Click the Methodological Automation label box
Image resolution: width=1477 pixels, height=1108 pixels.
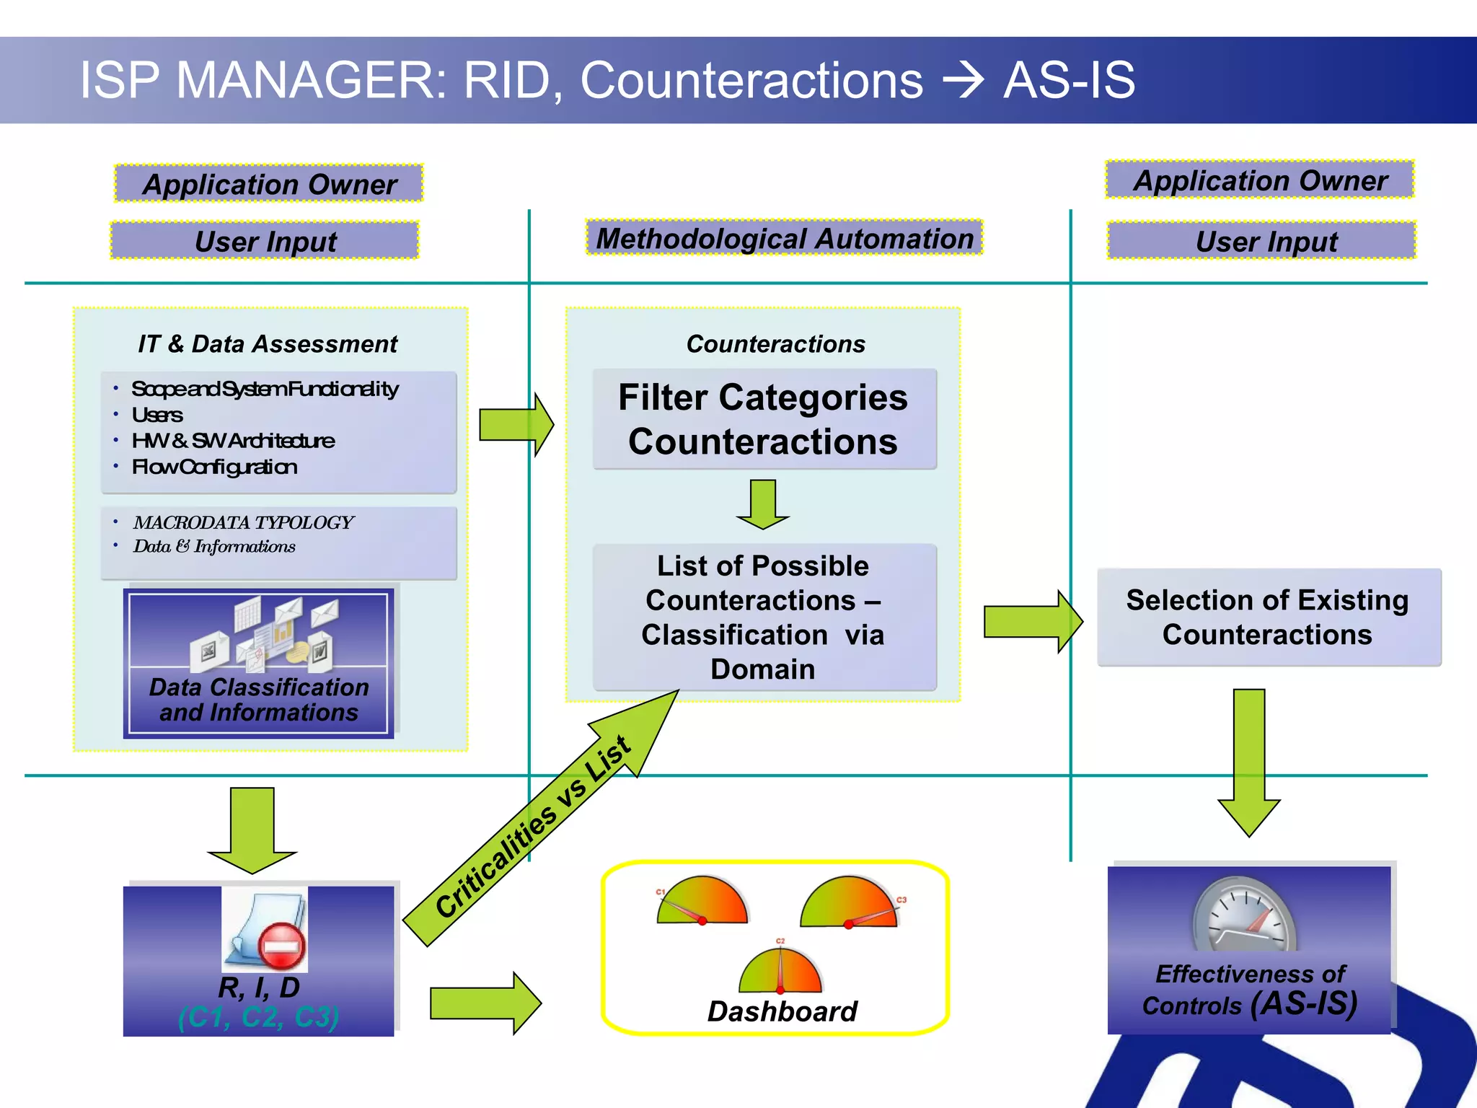coord(784,238)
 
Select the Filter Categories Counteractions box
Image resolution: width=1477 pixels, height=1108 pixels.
coord(764,419)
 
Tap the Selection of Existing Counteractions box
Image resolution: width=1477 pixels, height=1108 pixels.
coord(1268,617)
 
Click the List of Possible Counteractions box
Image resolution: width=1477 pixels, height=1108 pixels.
coord(764,617)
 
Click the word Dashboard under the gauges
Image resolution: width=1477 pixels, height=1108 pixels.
coord(782,1011)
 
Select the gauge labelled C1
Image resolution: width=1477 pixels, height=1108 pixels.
coord(701,902)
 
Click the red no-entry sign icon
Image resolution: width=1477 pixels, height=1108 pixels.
coord(281,946)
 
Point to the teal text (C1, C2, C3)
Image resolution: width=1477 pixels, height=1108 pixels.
coord(258,1017)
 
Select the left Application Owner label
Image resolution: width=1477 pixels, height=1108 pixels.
coord(269,184)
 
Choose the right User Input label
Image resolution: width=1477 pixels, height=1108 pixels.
coord(1266,241)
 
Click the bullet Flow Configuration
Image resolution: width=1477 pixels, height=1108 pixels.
coord(214,467)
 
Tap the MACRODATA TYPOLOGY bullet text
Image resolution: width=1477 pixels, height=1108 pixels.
coord(243,522)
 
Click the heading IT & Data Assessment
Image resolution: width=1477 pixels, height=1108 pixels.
coord(268,344)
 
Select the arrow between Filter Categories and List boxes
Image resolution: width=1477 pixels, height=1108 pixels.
coord(763,504)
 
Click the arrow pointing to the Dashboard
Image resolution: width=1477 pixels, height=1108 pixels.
coord(485,1003)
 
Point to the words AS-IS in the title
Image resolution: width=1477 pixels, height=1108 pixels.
coord(1069,80)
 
